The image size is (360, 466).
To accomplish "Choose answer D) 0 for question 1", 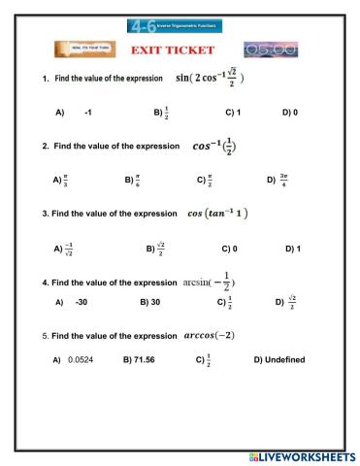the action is [289, 113].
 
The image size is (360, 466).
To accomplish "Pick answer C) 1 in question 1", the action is [232, 113].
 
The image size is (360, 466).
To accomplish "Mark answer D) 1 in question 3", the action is [292, 249].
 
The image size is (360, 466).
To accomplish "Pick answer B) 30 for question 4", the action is [149, 302].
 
